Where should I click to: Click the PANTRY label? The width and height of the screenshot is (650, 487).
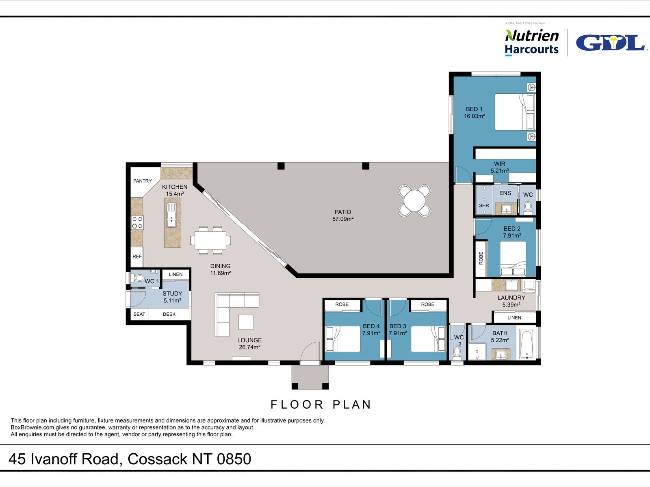point(142,181)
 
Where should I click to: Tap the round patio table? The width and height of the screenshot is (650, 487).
point(414,200)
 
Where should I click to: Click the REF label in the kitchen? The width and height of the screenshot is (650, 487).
point(137,256)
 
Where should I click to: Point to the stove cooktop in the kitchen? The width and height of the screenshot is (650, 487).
point(137,222)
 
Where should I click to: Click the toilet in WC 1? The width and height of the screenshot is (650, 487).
point(138,278)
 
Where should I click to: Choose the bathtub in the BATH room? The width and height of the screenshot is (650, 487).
point(527,345)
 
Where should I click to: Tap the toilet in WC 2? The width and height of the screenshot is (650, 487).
point(457,352)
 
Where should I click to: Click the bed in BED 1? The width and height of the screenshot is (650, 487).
point(514,112)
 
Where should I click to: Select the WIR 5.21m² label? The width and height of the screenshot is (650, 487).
point(499,167)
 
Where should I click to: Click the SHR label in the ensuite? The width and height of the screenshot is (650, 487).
point(484,206)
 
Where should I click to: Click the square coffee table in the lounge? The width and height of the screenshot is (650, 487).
point(246,322)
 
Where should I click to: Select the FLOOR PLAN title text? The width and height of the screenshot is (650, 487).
point(321,405)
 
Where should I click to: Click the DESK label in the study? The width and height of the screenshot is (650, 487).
point(169,314)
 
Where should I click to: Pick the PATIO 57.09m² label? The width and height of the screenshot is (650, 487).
point(343,215)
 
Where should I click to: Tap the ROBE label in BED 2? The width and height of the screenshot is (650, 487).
point(481,258)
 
